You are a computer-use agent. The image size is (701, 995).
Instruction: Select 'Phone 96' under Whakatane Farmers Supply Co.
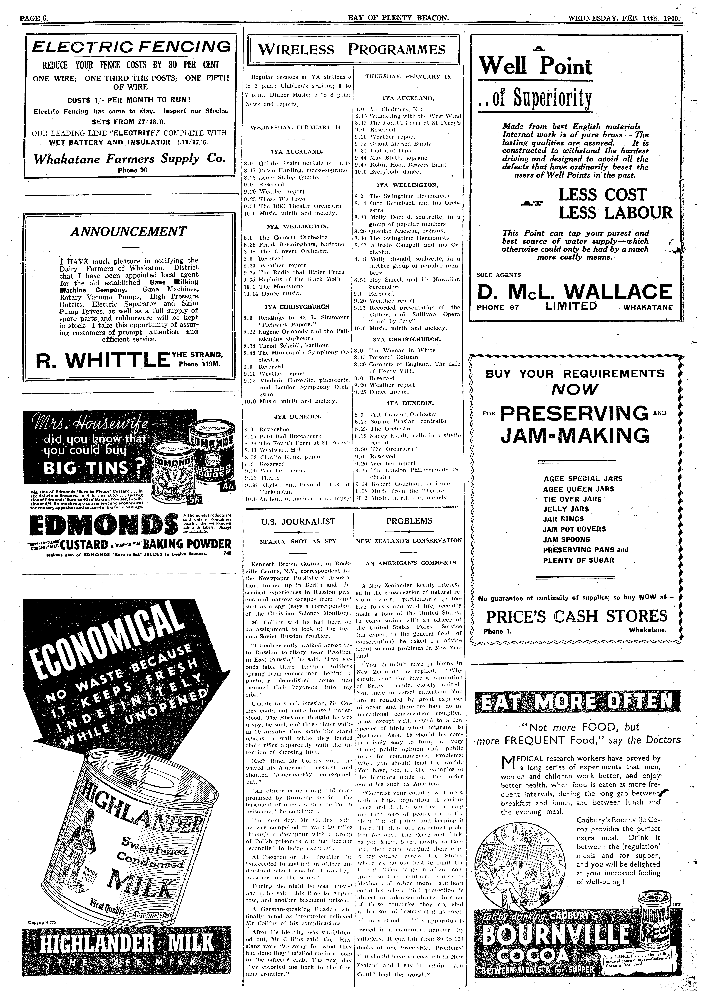133,170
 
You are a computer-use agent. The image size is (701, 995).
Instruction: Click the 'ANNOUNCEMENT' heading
128,232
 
